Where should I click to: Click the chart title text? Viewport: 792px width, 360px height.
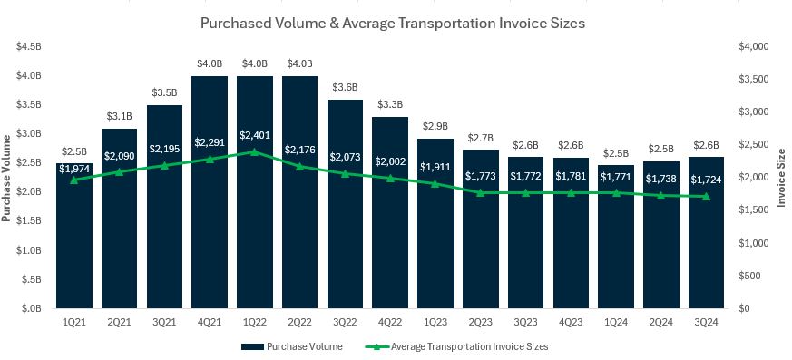click(x=396, y=23)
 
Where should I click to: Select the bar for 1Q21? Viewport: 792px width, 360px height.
click(x=74, y=245)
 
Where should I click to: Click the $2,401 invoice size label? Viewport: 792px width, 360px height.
click(x=255, y=135)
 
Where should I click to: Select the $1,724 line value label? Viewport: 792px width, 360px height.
click(x=706, y=180)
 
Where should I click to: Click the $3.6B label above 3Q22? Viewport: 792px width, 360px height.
click(x=345, y=87)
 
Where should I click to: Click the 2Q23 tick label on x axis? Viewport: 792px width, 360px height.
click(x=480, y=320)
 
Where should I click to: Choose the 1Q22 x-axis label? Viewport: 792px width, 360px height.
click(x=255, y=320)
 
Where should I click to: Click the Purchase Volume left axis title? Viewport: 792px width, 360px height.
click(x=7, y=177)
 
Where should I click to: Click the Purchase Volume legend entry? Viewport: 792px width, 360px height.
click(x=291, y=345)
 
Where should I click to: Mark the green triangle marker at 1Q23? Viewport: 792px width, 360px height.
click(x=435, y=183)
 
